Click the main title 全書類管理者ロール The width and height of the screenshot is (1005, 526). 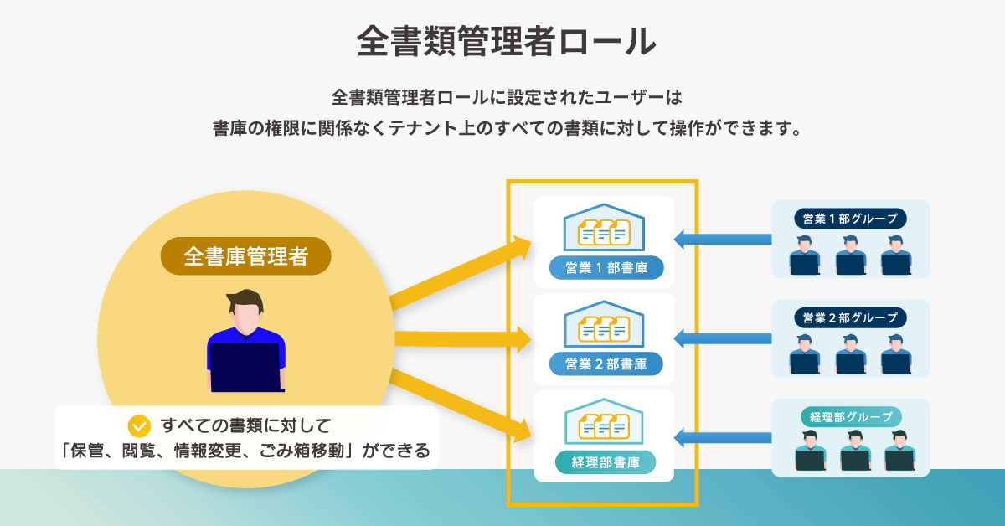pyautogui.click(x=507, y=41)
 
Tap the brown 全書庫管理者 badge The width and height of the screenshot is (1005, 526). pyautogui.click(x=246, y=256)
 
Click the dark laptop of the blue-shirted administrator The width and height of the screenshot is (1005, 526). pyautogui.click(x=245, y=368)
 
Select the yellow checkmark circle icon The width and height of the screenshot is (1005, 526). pyautogui.click(x=139, y=426)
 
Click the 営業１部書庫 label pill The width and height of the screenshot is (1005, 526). pyautogui.click(x=606, y=268)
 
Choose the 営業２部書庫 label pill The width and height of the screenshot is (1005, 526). pyautogui.click(x=606, y=364)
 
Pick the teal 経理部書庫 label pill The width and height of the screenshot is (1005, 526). pyautogui.click(x=606, y=462)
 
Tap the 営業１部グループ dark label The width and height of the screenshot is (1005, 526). pyautogui.click(x=850, y=219)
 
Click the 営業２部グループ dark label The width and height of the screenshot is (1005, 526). pyautogui.click(x=850, y=317)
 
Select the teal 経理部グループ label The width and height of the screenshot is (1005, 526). pyautogui.click(x=851, y=417)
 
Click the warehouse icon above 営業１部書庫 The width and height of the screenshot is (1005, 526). pyautogui.click(x=605, y=227)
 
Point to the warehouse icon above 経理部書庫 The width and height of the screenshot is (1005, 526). pyautogui.click(x=605, y=422)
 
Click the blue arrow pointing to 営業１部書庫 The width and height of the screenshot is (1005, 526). pyautogui.click(x=723, y=240)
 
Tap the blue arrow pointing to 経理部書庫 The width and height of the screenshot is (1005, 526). pyautogui.click(x=723, y=437)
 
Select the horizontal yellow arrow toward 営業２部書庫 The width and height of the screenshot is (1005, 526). pyautogui.click(x=463, y=339)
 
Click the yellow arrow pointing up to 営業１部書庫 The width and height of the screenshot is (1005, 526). pyautogui.click(x=461, y=273)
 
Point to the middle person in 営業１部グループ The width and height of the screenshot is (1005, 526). pyautogui.click(x=851, y=255)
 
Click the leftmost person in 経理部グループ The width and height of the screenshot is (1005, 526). pyautogui.click(x=811, y=450)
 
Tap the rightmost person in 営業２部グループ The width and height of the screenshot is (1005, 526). pyautogui.click(x=896, y=354)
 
